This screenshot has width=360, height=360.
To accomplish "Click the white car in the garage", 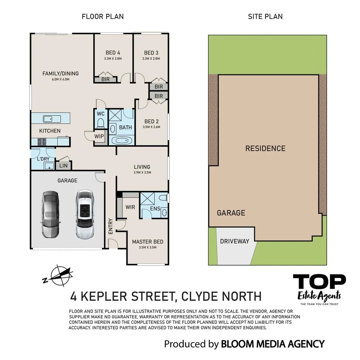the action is click(85, 214).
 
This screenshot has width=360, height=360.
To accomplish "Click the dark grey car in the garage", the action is click(50, 215).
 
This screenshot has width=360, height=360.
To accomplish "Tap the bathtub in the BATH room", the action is click(122, 140).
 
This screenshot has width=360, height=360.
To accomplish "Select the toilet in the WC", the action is click(100, 123).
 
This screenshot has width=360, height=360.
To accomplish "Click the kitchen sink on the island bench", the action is click(52, 119).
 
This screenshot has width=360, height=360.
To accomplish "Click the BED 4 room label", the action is click(113, 53).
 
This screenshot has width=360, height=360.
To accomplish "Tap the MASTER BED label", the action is click(148, 242).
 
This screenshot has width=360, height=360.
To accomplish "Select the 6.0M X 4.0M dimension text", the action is click(61, 79).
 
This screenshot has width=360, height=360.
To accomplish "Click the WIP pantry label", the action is click(99, 136).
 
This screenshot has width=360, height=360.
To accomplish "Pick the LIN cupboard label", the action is click(63, 165).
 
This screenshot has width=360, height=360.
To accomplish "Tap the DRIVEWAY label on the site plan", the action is click(234, 241).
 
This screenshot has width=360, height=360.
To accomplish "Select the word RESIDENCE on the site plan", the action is click(265, 148).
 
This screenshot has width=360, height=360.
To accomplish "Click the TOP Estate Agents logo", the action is click(319, 289).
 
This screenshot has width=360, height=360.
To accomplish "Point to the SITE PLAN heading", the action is click(265, 17).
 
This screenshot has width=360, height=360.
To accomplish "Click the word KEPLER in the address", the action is click(104, 296).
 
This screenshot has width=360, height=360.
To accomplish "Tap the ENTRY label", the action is click(111, 226).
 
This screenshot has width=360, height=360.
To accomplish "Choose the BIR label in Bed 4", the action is click(105, 79).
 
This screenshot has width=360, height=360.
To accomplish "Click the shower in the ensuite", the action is click(147, 198).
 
